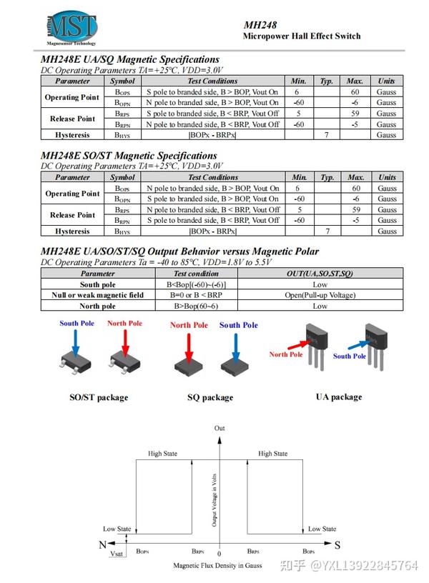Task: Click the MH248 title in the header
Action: click(x=260, y=25)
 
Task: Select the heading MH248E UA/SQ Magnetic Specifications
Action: click(x=130, y=59)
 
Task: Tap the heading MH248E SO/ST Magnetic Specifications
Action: click(x=129, y=155)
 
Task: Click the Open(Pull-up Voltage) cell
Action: click(x=320, y=294)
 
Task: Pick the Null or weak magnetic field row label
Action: click(x=97, y=294)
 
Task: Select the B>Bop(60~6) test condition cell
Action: click(x=196, y=306)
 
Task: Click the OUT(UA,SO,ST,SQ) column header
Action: click(x=320, y=273)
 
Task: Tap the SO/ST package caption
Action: click(x=98, y=397)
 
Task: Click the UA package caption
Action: click(x=338, y=397)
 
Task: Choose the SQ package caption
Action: click(x=210, y=397)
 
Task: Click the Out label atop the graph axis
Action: click(x=220, y=428)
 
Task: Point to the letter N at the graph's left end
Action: click(x=102, y=544)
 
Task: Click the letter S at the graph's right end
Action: click(x=337, y=544)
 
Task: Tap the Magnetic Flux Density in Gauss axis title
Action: click(x=217, y=565)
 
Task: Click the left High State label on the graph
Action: click(x=162, y=454)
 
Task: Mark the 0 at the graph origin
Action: click(x=220, y=554)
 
